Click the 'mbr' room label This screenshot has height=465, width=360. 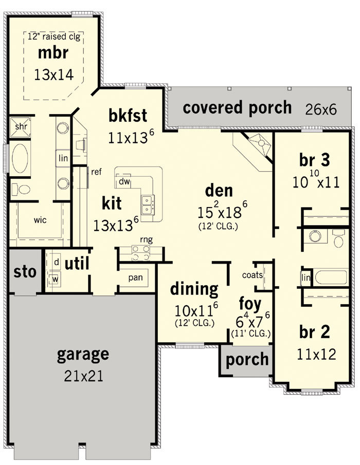[x=53, y=53]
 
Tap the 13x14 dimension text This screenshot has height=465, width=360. [x=53, y=75]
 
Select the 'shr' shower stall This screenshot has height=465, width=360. [x=20, y=127]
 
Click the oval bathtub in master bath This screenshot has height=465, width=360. [x=20, y=159]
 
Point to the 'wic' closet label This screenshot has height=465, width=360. [x=40, y=220]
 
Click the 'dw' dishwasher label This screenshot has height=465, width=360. [x=124, y=181]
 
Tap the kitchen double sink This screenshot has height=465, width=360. [x=148, y=204]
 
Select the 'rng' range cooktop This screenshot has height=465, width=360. [x=141, y=253]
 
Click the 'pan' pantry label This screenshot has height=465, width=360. [x=135, y=277]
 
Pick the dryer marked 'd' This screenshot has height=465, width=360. [x=57, y=262]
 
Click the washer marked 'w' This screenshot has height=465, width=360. [x=55, y=279]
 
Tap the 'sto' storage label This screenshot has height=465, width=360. [x=25, y=272]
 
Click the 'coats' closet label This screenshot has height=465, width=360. [x=253, y=275]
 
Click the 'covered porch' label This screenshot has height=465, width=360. [x=237, y=108]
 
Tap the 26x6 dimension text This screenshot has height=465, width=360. [x=321, y=109]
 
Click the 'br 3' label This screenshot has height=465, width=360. [x=314, y=160]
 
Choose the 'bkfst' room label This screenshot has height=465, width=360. [x=128, y=116]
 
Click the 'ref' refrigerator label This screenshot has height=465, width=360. [x=97, y=172]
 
